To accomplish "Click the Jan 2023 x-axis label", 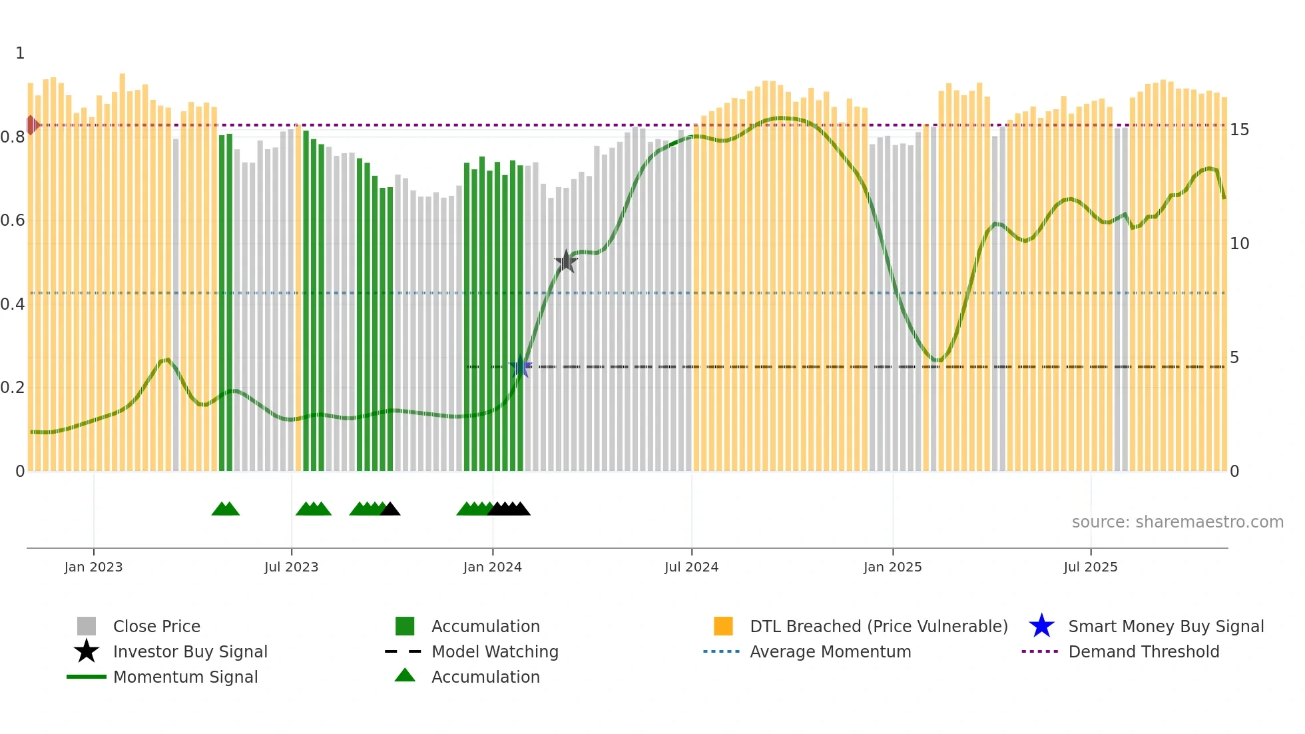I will pos(93,567).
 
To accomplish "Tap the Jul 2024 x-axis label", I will pos(691,567).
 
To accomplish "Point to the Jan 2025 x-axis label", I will pos(892,567).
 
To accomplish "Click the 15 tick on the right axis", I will pos(1239,130).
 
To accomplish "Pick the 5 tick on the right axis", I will pos(1234,358).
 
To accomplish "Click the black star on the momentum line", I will pos(566,262).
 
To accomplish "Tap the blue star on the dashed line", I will pos(520,367).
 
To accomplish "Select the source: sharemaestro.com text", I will pos(1177,522).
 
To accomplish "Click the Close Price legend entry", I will pos(156,626).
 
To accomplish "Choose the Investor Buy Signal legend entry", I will pos(190,651).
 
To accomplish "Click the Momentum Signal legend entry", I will pos(185,677).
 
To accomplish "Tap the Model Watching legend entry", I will pos(495,651).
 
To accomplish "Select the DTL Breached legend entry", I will pos(878,626).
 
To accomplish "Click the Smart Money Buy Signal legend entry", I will pos(1165,626).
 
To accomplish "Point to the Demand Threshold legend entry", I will pos(1143,651).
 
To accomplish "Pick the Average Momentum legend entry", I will pos(830,651).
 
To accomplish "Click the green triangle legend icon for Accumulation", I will pos(405,675).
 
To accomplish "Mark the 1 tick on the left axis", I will pos(20,53).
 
